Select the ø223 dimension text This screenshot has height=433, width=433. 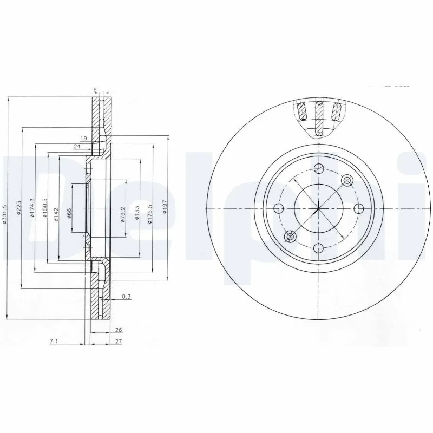pyautogui.click(x=19, y=208)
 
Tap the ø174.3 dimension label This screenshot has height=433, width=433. pyautogui.click(x=32, y=208)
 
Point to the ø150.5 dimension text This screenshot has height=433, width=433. pyautogui.click(x=45, y=208)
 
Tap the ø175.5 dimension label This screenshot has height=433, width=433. pyautogui.click(x=150, y=208)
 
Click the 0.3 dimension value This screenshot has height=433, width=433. pyautogui.click(x=126, y=296)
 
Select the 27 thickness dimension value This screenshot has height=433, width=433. pyautogui.click(x=119, y=342)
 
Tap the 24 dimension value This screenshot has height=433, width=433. pyautogui.click(x=77, y=146)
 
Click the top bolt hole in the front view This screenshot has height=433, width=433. pyautogui.click(x=318, y=168)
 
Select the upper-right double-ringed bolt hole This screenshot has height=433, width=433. pyautogui.click(x=345, y=180)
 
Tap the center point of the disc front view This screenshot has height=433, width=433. pyautogui.click(x=318, y=208)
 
